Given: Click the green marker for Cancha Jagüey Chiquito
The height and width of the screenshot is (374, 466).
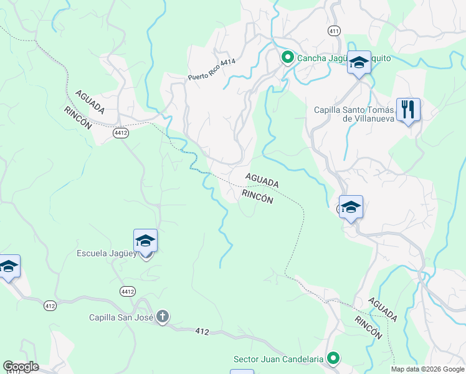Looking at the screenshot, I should [x=287, y=59].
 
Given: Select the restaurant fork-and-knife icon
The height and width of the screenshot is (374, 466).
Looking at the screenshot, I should [x=408, y=110].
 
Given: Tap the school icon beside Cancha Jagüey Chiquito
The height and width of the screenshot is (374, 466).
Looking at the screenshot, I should [x=359, y=62].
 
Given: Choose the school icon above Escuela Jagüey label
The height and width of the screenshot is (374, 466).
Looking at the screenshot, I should [x=145, y=240].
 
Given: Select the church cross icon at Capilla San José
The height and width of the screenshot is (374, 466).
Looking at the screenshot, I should [x=162, y=317].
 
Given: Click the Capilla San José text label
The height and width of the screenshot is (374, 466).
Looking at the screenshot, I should [x=121, y=317].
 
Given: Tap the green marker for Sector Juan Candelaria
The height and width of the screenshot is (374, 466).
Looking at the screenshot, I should [x=334, y=358].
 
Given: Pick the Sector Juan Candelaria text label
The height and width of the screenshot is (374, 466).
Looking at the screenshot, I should [x=278, y=359].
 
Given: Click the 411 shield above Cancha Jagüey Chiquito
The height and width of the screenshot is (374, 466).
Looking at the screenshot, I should [x=335, y=31].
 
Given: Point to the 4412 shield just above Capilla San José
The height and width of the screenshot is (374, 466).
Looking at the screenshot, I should [x=128, y=291].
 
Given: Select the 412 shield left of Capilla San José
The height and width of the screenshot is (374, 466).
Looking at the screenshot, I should [x=50, y=305].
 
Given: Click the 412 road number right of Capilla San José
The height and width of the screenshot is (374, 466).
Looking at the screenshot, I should [x=201, y=330].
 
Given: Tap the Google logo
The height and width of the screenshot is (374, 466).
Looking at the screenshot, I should [x=21, y=367].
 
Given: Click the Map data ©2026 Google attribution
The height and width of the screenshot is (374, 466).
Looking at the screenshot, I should [x=427, y=369].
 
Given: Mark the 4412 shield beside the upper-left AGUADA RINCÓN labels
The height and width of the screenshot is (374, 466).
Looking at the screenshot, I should [x=121, y=133].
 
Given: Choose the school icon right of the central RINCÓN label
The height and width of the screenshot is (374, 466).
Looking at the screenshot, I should [x=351, y=207].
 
